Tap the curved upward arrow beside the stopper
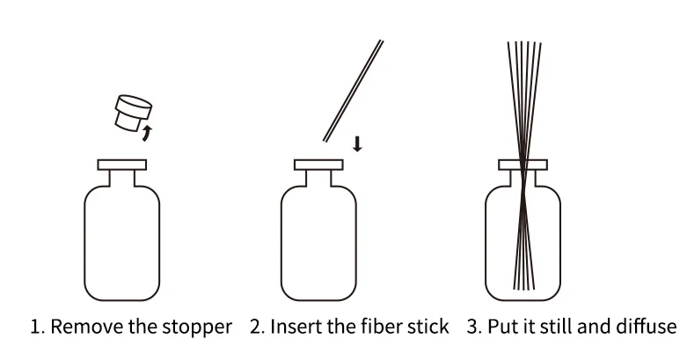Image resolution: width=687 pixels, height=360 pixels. coord(147,133)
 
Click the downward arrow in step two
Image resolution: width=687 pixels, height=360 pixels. coord(356,143)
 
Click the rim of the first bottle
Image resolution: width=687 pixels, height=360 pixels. coord(121,164)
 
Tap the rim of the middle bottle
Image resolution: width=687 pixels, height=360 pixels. coord(318,164)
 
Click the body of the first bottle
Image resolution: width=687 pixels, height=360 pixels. coord(121,246)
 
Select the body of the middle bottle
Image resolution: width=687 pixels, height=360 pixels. coord(318,246)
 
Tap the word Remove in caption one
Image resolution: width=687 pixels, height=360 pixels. coord(84,327)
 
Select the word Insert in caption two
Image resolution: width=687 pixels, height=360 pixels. coord(293,327)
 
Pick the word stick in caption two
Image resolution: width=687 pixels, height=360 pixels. coord(427,327)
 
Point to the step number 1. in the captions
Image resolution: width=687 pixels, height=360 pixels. coord(37,327)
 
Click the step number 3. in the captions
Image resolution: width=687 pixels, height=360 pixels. coord(473,327)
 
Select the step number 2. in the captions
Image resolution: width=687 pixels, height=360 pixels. coord(256,327)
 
